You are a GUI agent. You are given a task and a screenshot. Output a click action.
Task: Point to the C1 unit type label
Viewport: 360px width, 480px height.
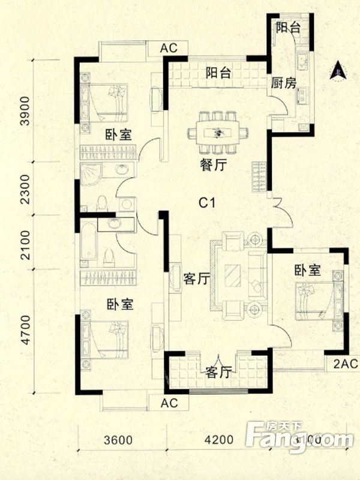(x=207, y=203)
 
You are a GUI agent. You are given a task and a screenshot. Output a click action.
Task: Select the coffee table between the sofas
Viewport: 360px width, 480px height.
(x=232, y=275)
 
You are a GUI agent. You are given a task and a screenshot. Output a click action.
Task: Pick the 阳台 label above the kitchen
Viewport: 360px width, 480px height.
(x=287, y=28)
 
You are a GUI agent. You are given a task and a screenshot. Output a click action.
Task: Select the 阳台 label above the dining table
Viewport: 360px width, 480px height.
(x=218, y=73)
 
